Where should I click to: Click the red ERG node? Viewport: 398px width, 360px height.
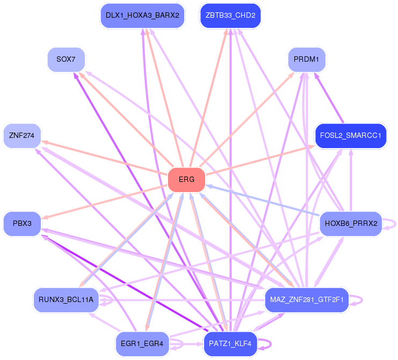[x=186, y=180]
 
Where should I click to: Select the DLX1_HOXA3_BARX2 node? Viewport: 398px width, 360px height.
[x=142, y=16]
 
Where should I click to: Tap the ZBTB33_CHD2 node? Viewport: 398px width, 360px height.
[x=230, y=16]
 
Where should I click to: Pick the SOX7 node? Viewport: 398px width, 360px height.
[x=66, y=60]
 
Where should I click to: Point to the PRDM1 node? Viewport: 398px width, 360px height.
[x=307, y=60]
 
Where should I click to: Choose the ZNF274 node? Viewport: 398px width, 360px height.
[x=22, y=136]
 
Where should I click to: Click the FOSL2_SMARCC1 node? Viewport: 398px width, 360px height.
[x=351, y=136]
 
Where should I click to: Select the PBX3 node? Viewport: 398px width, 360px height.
[x=22, y=224]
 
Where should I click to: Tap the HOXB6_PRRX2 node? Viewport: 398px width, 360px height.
[x=351, y=224]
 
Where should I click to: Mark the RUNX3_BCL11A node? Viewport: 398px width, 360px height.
[x=66, y=300]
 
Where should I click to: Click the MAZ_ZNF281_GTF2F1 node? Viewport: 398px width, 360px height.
[x=307, y=300]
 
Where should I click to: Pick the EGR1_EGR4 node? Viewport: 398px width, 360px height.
[x=142, y=344]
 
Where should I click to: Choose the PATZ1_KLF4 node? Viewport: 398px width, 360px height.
[x=230, y=344]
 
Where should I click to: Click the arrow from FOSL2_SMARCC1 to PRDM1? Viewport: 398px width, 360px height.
[x=329, y=98]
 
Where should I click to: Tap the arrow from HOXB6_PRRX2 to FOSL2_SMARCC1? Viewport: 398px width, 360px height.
[x=351, y=180]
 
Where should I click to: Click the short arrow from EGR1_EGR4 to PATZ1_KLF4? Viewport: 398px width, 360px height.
[x=186, y=344]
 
